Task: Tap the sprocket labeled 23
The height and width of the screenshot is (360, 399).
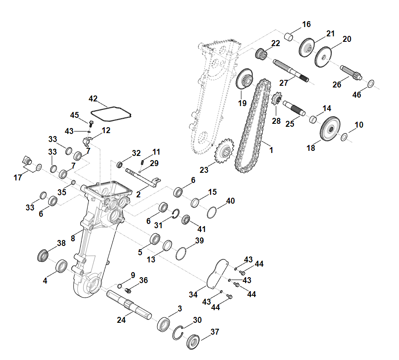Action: (x=224, y=151)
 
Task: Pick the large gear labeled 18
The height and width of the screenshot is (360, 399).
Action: (x=330, y=128)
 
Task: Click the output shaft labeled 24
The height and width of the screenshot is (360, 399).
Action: (x=129, y=305)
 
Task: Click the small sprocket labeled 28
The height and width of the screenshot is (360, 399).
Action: (x=277, y=99)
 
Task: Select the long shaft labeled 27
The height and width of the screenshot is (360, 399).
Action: (x=291, y=71)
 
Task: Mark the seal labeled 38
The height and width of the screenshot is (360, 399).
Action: (x=43, y=255)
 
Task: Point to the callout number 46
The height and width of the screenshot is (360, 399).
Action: (x=356, y=95)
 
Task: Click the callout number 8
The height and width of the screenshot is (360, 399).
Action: (x=73, y=238)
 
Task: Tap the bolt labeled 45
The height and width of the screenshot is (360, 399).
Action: (x=91, y=124)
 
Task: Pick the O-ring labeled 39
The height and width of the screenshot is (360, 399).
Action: (x=181, y=254)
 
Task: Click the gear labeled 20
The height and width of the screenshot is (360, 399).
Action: (x=323, y=57)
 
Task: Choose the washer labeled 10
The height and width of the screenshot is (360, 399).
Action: (x=344, y=137)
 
